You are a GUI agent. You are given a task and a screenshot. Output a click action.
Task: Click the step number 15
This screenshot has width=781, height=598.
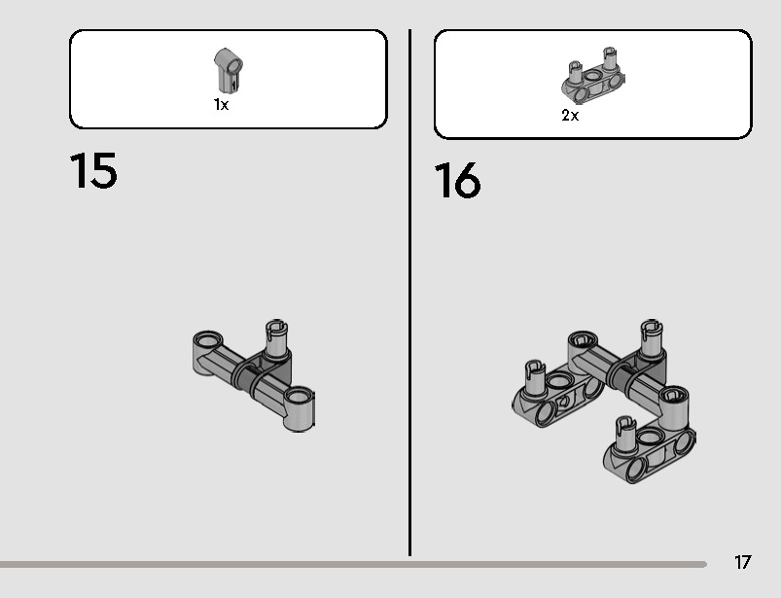click(93, 171)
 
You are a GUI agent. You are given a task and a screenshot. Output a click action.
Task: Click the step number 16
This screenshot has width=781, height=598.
click(458, 180)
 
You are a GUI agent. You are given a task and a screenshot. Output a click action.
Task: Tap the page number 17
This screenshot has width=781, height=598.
click(742, 562)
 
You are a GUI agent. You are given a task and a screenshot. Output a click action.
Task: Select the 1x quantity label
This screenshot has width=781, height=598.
click(221, 105)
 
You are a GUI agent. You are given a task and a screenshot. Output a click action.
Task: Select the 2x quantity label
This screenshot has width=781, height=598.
click(570, 116)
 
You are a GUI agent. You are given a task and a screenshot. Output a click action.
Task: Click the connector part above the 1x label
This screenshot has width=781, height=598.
click(229, 70)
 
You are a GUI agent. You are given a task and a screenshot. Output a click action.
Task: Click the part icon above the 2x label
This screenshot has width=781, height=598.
click(592, 76)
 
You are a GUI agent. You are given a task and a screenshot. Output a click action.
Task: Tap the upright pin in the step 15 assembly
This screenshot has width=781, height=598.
click(276, 338)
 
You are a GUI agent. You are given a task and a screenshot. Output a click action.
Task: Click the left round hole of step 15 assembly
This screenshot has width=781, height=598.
click(208, 340)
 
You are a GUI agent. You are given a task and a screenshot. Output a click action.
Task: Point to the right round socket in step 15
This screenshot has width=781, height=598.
click(299, 397)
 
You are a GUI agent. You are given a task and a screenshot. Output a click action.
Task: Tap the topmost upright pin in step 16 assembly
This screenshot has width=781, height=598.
click(651, 337)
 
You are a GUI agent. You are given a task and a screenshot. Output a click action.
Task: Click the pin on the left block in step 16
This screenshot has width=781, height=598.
click(535, 377)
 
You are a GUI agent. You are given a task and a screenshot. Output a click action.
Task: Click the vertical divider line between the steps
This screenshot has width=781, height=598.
click(409, 293)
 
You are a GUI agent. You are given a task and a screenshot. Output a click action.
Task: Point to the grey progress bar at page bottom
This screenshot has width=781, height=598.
click(353, 564)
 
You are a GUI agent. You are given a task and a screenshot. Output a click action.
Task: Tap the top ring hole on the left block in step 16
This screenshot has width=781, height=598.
click(560, 381)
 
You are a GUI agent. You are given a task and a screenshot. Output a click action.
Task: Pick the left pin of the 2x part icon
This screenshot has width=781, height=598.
click(575, 73)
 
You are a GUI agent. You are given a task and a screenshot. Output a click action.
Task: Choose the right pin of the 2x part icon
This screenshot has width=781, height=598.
click(610, 58)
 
